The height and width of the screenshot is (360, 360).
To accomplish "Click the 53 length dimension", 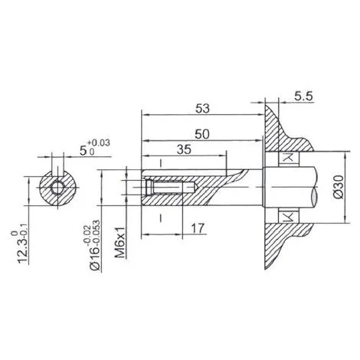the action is [202, 109].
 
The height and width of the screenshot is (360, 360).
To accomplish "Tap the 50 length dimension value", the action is [202, 134].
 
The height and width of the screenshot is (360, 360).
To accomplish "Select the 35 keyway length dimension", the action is [184, 149].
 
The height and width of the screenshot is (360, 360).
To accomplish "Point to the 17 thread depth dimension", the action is [198, 228].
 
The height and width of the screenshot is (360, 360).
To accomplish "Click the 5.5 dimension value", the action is [303, 97].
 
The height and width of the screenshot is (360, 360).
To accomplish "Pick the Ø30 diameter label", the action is [339, 187].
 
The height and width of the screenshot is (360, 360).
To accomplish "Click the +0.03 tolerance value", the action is [99, 142].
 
